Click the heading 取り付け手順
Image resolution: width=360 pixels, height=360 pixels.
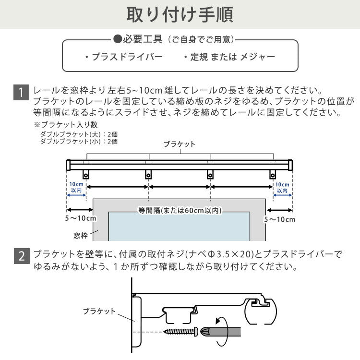[180, 15]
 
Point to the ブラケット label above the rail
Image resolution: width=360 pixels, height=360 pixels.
[180, 144]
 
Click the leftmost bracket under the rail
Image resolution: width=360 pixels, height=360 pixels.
[86, 175]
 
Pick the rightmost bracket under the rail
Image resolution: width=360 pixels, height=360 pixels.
[273, 175]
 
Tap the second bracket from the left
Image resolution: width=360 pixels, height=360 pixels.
[148, 175]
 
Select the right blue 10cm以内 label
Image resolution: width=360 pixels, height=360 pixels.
[283, 187]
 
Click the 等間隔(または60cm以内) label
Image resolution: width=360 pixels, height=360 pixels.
[180, 210]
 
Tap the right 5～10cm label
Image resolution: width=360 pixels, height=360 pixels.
[280, 219]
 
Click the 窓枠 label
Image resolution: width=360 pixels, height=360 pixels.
[81, 235]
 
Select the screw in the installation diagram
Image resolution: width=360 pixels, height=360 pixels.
[181, 331]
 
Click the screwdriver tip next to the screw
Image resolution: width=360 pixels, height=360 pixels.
[205, 331]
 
